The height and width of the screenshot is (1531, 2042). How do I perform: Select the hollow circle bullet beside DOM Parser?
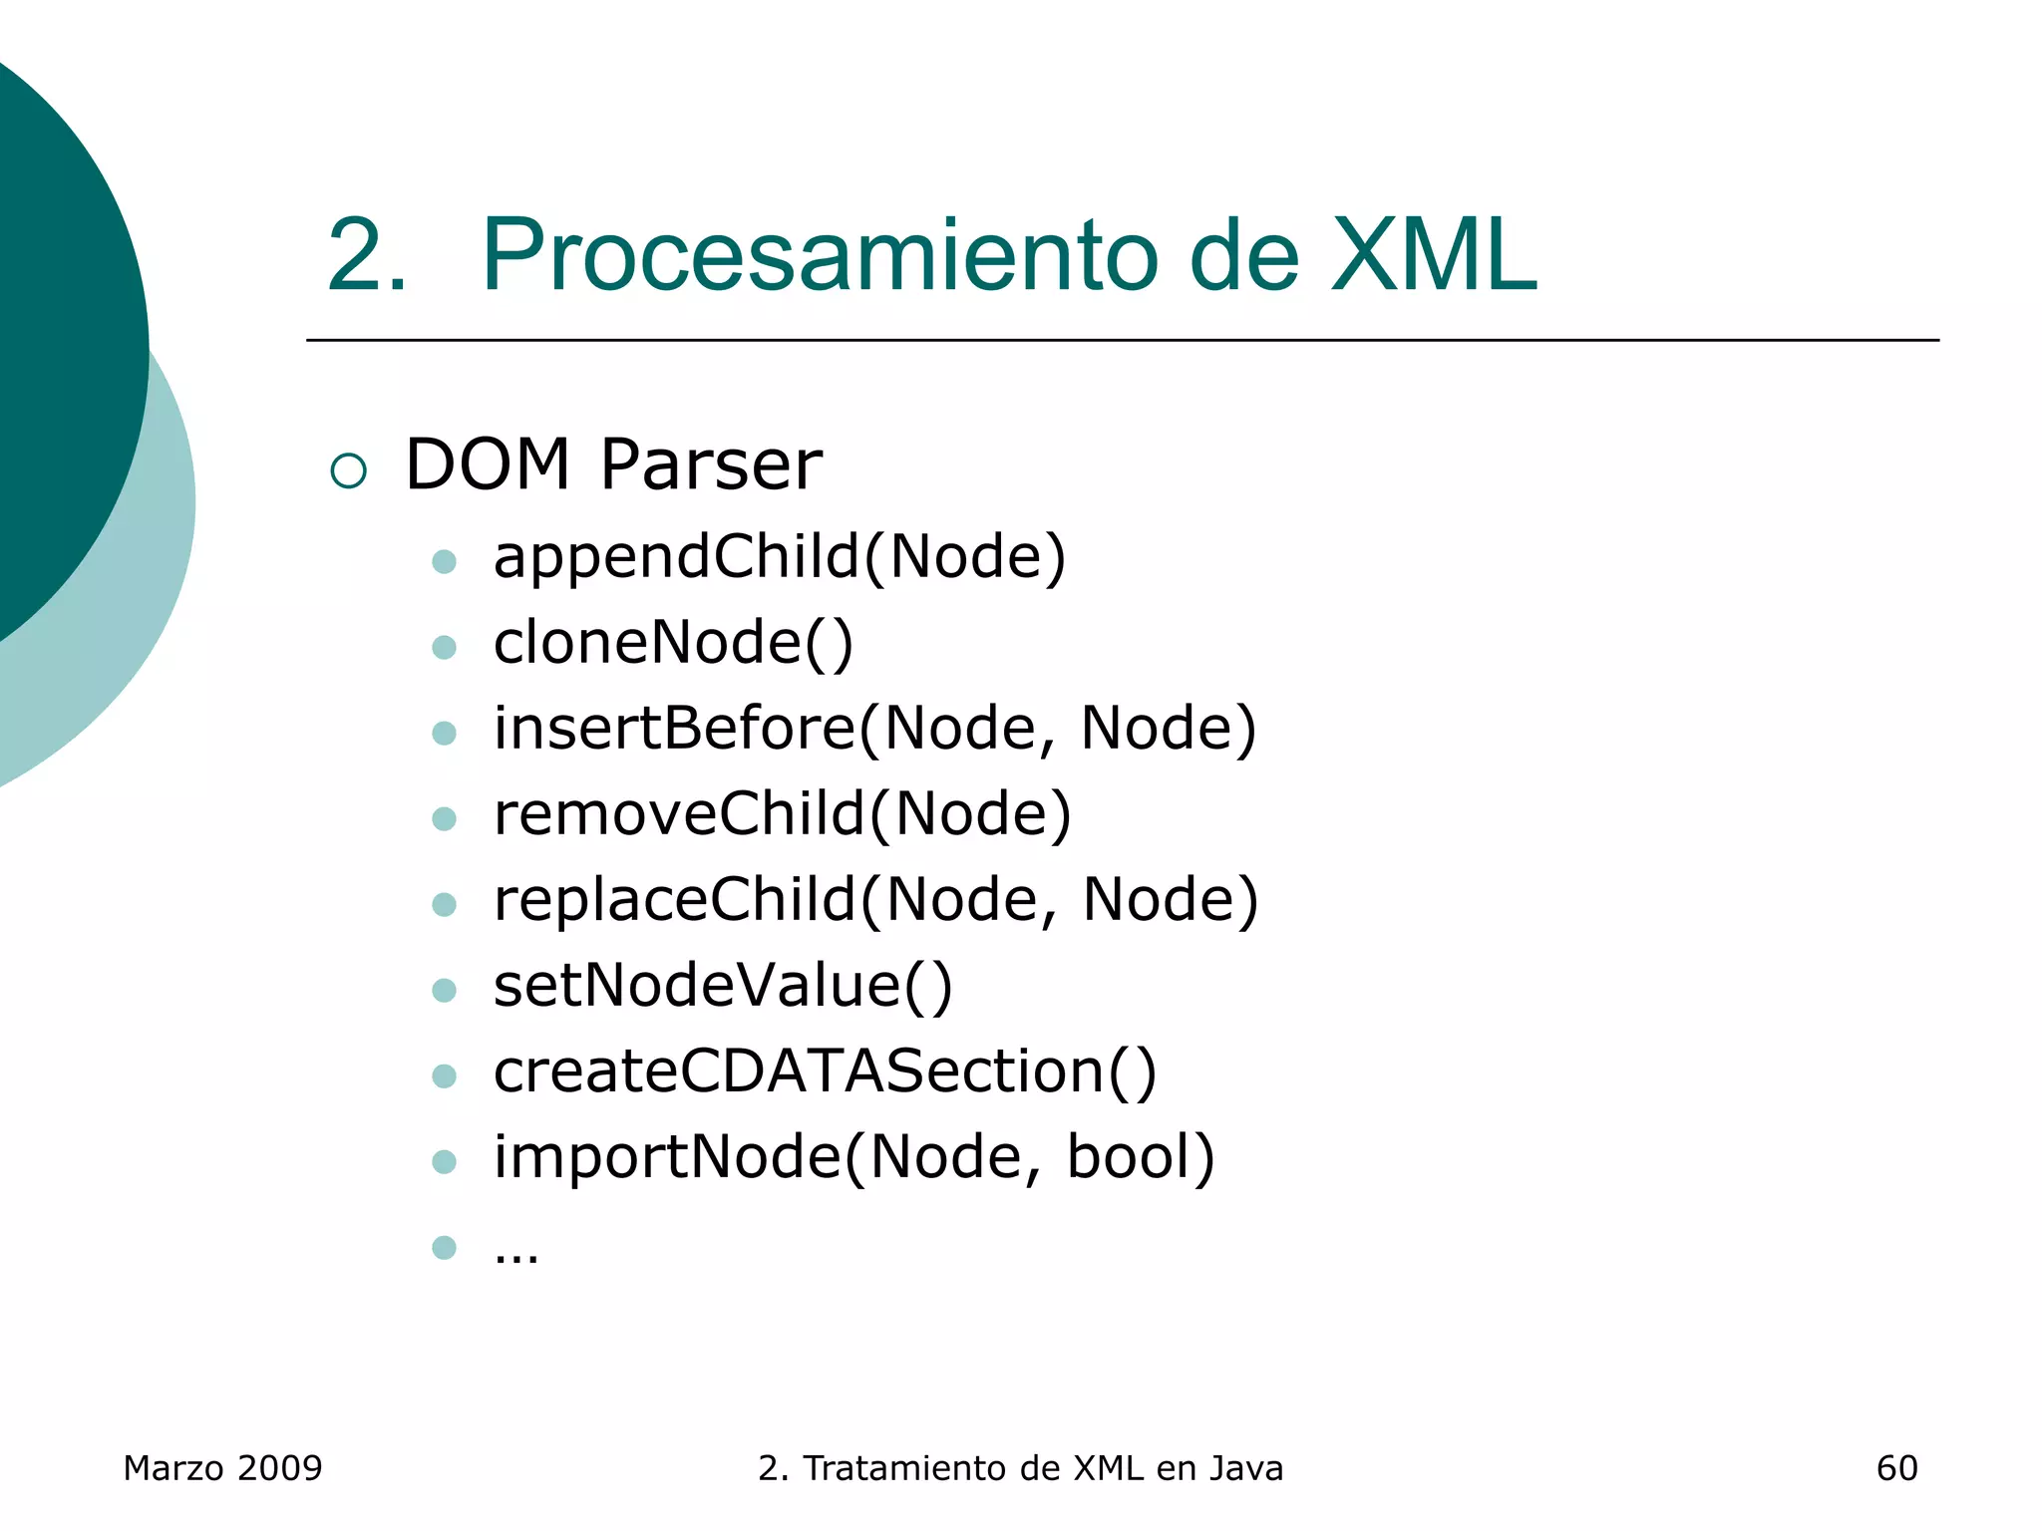point(348,470)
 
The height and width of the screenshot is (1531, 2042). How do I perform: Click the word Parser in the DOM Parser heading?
point(711,465)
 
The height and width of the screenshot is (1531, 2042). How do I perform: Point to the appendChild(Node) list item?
point(780,556)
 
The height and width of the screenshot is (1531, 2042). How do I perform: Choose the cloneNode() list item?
point(673,642)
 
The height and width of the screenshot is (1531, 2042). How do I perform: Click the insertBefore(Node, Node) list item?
point(874,728)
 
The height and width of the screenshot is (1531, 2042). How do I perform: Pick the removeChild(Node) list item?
point(783,813)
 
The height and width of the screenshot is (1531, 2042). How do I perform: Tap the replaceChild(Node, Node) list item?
point(875,899)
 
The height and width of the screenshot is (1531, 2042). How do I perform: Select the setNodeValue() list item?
point(723,985)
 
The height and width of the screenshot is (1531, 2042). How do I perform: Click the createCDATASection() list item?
point(825,1071)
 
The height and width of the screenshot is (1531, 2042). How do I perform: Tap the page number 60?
point(1896,1468)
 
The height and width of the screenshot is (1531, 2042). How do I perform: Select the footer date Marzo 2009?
point(222,1468)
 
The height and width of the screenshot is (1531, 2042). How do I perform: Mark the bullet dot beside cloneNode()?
point(444,648)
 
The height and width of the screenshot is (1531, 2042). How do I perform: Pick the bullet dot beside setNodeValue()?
point(444,991)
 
